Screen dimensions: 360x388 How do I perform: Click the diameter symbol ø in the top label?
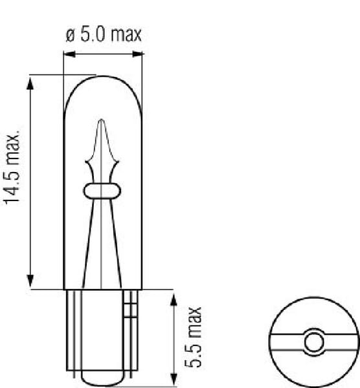tap(71, 36)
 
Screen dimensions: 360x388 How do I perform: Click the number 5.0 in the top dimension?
tap(93, 34)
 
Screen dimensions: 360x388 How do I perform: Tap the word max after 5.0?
tap(126, 34)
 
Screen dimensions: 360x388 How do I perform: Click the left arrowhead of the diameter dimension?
tap(69, 54)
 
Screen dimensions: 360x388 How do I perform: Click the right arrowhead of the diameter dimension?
tap(137, 54)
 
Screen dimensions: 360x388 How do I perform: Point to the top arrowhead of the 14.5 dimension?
tap(30, 83)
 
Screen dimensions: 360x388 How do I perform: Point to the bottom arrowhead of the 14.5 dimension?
tap(30, 281)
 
